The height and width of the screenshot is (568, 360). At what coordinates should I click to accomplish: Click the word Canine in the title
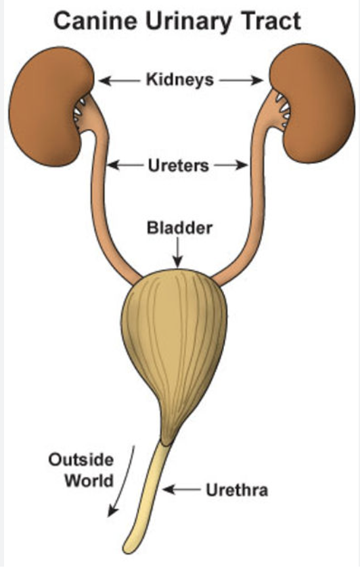point(95,21)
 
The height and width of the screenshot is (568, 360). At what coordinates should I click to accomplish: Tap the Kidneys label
point(180,80)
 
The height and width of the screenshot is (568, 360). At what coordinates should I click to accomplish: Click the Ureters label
point(179,166)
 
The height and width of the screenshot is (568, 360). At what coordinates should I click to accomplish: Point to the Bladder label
point(179,228)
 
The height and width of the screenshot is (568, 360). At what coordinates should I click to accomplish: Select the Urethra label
point(237,490)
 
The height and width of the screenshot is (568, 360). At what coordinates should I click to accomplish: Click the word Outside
point(81,460)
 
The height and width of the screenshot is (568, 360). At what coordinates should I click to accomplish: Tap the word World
point(89,481)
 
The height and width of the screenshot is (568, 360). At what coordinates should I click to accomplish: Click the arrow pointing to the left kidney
point(119,80)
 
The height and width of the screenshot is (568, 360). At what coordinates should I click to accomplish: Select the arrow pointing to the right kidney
point(241,80)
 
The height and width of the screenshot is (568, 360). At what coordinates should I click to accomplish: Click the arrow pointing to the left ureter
point(125,166)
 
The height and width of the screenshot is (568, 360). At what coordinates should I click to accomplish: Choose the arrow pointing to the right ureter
point(231,166)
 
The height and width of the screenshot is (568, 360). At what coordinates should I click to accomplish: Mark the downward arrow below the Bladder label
point(178,252)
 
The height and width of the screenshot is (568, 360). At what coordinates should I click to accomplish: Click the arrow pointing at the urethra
point(181,490)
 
